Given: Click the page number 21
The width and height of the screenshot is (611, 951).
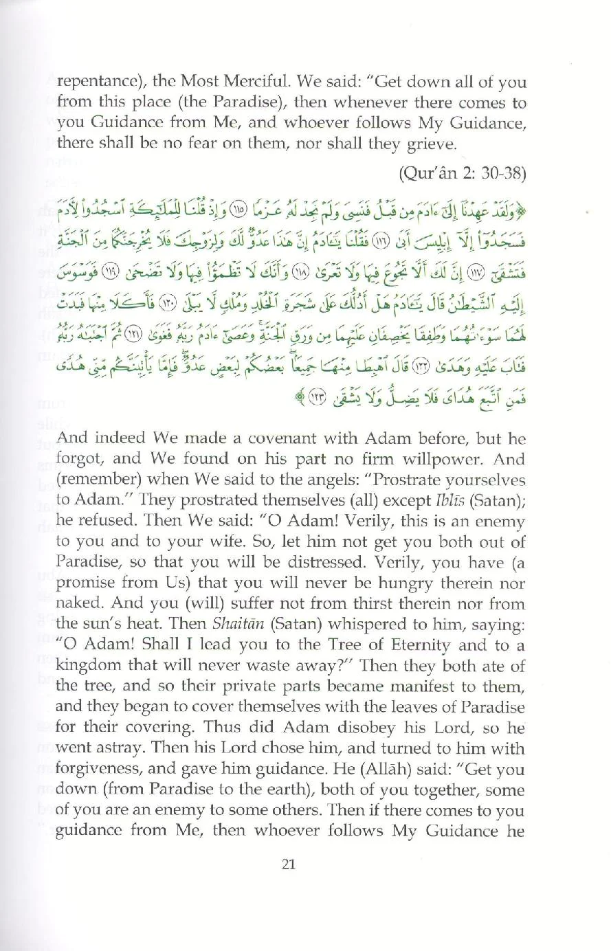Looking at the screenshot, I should coord(289,864).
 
